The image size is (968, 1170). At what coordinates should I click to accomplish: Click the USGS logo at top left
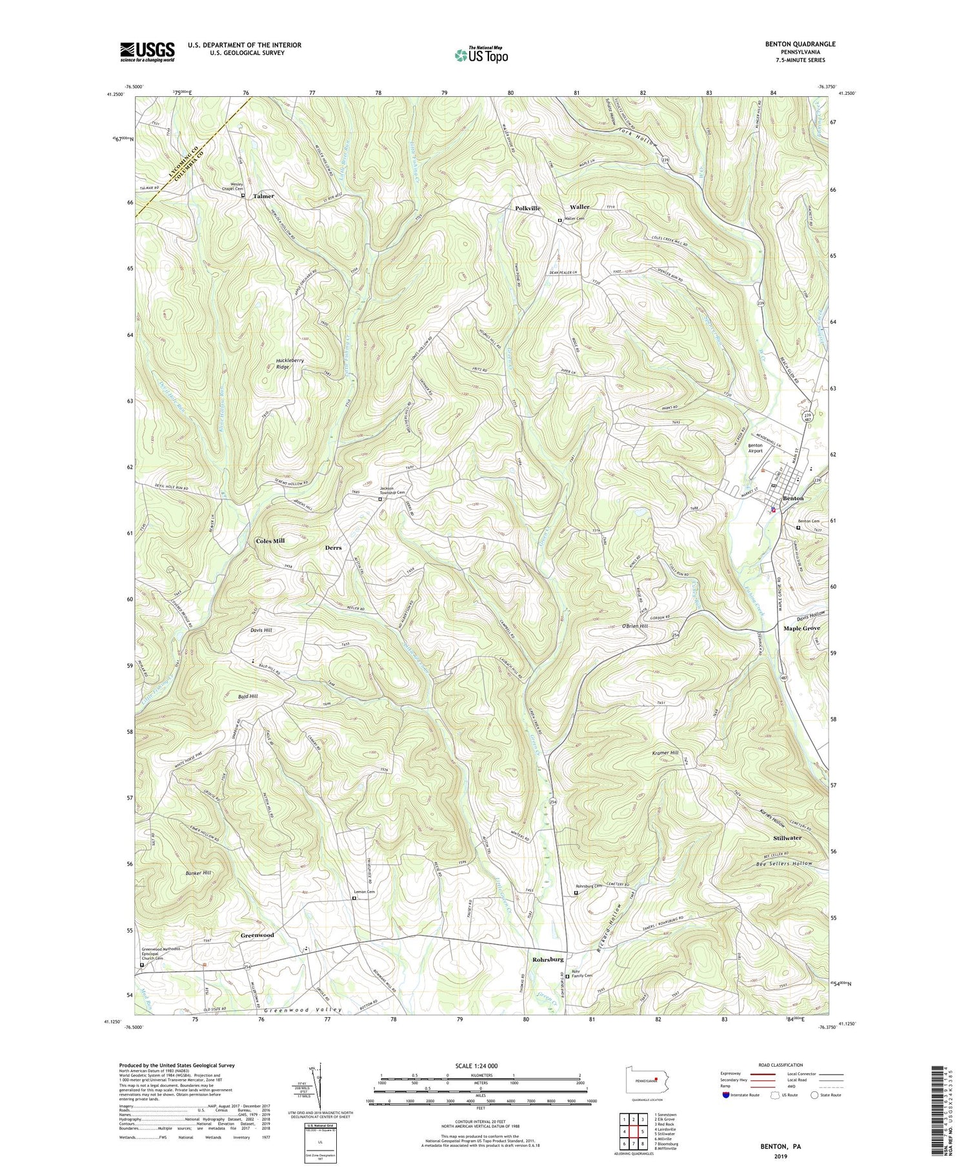click(x=147, y=51)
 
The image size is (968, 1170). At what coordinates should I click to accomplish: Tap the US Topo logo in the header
click(x=481, y=55)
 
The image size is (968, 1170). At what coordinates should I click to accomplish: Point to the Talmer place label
click(x=263, y=196)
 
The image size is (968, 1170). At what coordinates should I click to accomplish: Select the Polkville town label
click(x=527, y=208)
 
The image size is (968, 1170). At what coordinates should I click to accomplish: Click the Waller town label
click(x=579, y=207)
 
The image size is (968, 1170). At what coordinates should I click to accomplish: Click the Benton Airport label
click(x=755, y=448)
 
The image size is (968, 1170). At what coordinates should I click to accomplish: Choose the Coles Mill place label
click(x=270, y=541)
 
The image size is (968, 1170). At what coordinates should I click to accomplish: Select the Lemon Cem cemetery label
click(x=364, y=893)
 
